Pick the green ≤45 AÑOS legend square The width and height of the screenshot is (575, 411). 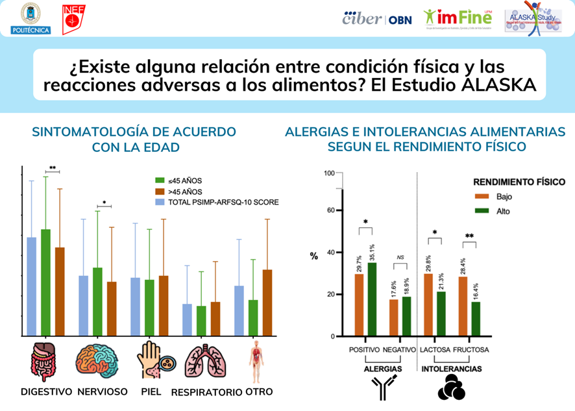click(x=158, y=181)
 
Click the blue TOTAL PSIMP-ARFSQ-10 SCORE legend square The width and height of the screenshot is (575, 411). click(x=158, y=202)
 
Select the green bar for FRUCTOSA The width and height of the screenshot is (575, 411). click(x=476, y=319)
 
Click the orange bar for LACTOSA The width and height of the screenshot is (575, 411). click(x=428, y=305)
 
